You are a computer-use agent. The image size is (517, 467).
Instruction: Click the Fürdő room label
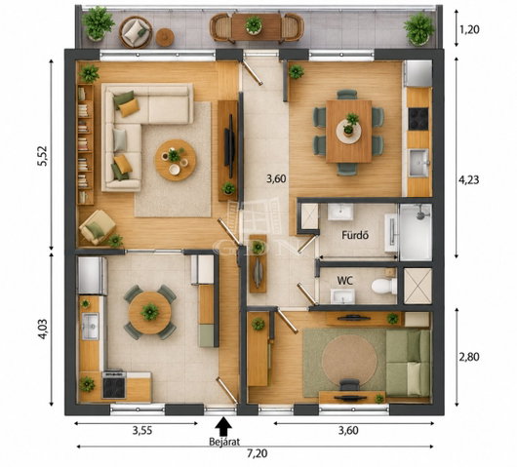click(x=355, y=235)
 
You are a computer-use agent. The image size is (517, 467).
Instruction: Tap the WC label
click(x=345, y=281)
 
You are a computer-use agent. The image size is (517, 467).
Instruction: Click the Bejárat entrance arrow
click(x=223, y=427)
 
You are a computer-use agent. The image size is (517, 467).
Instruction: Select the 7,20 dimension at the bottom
click(x=258, y=454)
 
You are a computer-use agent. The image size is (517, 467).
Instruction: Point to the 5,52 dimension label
click(x=44, y=156)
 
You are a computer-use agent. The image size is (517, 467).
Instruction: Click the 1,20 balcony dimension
click(x=469, y=29)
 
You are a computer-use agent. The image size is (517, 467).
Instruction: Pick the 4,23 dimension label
click(x=469, y=180)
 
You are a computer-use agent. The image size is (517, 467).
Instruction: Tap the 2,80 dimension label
click(x=469, y=357)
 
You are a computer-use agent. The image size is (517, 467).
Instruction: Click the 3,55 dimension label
click(x=142, y=430)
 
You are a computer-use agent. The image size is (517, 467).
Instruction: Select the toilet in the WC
click(x=384, y=286)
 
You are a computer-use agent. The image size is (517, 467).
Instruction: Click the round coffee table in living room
click(x=176, y=160)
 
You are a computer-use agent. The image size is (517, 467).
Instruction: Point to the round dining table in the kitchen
click(x=150, y=312)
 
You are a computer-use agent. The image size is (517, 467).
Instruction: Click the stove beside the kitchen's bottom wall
click(x=114, y=384)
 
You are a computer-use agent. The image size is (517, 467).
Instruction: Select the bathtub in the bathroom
click(x=416, y=232)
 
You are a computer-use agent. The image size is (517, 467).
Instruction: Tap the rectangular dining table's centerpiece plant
click(x=350, y=124)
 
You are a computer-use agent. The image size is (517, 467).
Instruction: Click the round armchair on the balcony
click(x=136, y=31)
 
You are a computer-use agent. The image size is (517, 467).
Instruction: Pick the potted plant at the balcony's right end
click(x=419, y=28)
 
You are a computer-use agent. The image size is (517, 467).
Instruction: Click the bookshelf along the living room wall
click(x=86, y=144)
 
